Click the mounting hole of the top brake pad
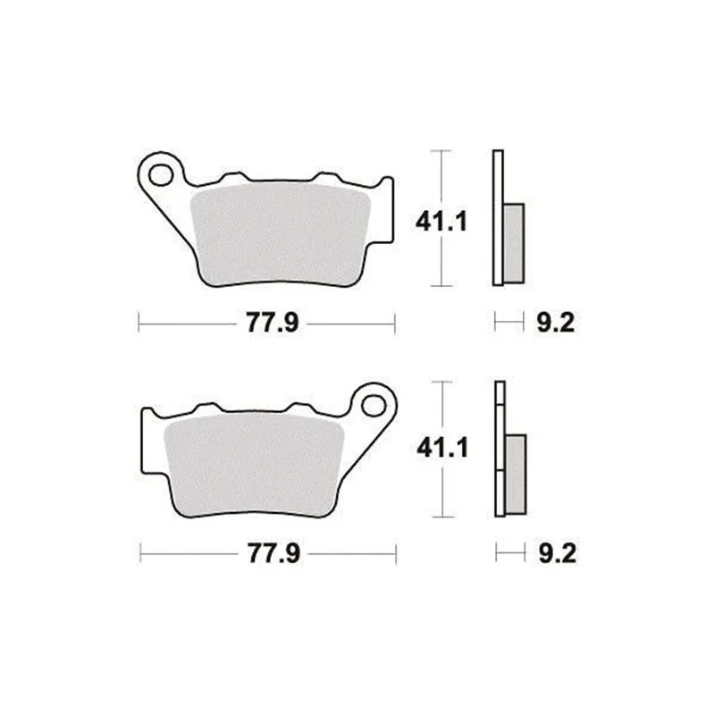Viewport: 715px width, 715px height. click(x=161, y=175)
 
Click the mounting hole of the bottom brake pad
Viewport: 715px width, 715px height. click(x=374, y=405)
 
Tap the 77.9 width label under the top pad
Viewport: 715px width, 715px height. click(x=273, y=323)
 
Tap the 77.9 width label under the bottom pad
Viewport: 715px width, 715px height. click(x=273, y=552)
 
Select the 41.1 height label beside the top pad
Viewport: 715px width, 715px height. click(x=441, y=223)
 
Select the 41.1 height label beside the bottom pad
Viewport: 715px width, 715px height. click(x=442, y=448)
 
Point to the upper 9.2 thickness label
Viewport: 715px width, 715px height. click(x=555, y=323)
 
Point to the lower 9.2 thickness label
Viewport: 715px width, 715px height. click(x=557, y=553)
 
